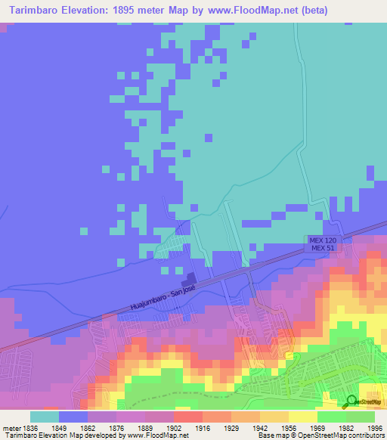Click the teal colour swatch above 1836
44,417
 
